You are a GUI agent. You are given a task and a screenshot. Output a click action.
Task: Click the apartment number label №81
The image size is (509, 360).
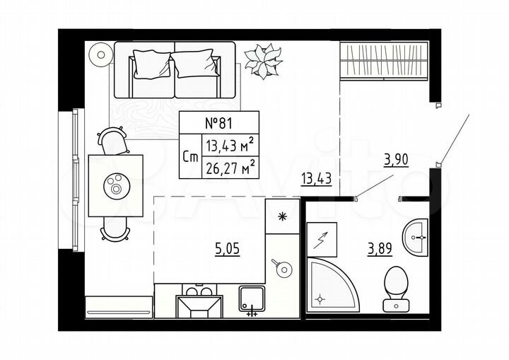click(x=219, y=122)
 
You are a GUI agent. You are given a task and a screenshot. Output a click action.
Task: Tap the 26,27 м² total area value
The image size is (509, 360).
click(x=228, y=168)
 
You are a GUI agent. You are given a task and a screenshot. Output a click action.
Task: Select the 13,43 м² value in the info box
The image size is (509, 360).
click(x=228, y=146)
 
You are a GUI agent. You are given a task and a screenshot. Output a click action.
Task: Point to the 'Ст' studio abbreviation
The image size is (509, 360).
click(x=189, y=158)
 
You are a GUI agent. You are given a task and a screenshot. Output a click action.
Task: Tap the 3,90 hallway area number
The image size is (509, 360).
click(x=395, y=159)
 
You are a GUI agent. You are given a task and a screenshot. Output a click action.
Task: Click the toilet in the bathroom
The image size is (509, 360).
click(x=396, y=286)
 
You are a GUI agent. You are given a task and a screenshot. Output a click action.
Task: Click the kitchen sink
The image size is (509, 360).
click(x=251, y=299)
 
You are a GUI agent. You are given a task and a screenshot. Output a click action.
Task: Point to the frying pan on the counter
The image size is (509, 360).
click(x=283, y=269)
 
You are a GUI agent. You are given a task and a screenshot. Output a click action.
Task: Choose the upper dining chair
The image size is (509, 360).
click(x=113, y=141)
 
